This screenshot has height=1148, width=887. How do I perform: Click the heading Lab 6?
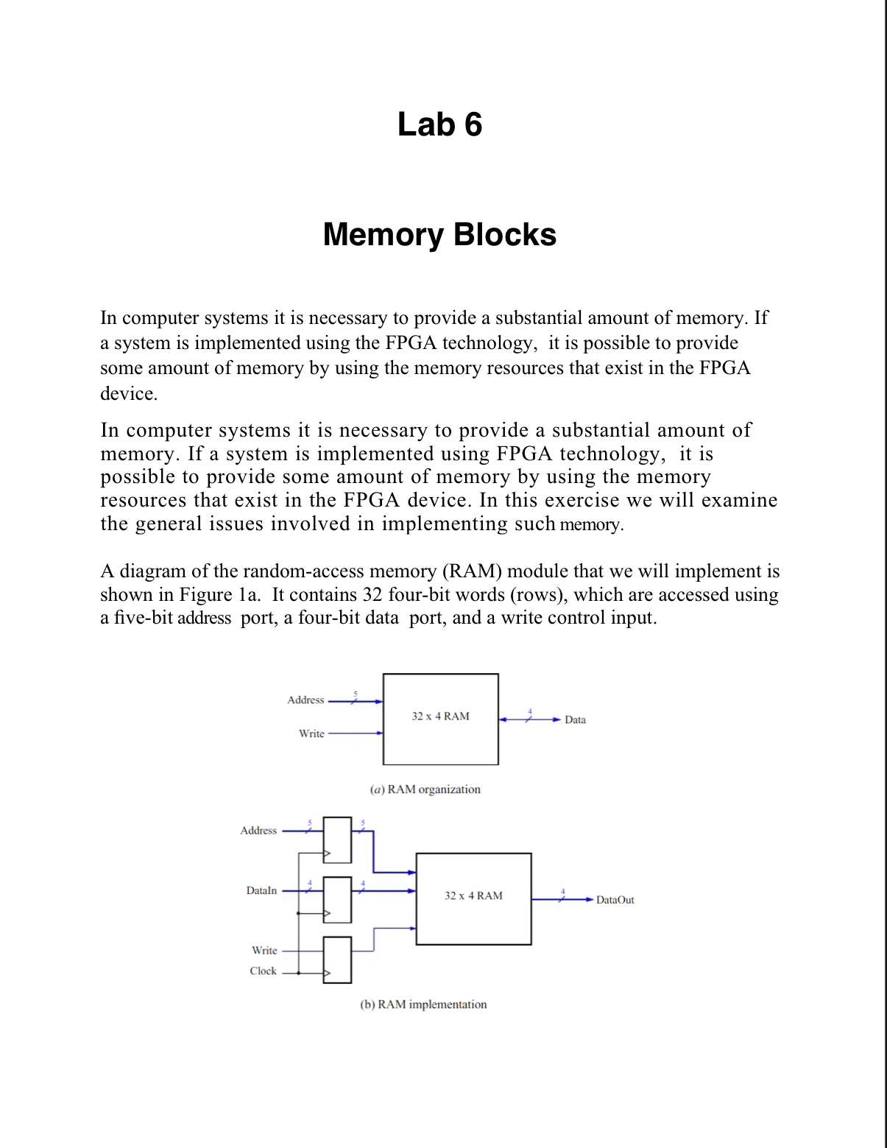(439, 124)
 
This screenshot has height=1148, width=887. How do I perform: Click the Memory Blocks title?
(439, 235)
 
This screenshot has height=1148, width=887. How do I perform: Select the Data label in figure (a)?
(575, 719)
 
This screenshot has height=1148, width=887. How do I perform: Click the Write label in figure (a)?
(311, 733)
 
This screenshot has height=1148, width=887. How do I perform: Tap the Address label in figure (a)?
(305, 700)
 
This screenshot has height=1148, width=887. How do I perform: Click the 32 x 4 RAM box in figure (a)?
(440, 719)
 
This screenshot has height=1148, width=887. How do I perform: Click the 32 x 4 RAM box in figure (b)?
(473, 898)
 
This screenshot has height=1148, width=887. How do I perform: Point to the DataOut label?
(615, 900)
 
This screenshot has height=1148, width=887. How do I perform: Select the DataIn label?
(261, 890)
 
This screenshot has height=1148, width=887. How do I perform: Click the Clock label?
(263, 971)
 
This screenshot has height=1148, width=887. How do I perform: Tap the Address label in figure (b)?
(258, 830)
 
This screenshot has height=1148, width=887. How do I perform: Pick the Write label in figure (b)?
(264, 950)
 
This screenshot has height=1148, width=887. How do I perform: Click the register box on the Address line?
(337, 839)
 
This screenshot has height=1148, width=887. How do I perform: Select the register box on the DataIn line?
(337, 899)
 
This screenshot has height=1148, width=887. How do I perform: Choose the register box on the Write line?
(337, 959)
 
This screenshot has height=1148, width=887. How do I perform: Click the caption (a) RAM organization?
(425, 789)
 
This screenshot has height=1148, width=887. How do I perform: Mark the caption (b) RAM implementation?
(423, 1004)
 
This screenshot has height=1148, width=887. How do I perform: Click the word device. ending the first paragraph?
(129, 393)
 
